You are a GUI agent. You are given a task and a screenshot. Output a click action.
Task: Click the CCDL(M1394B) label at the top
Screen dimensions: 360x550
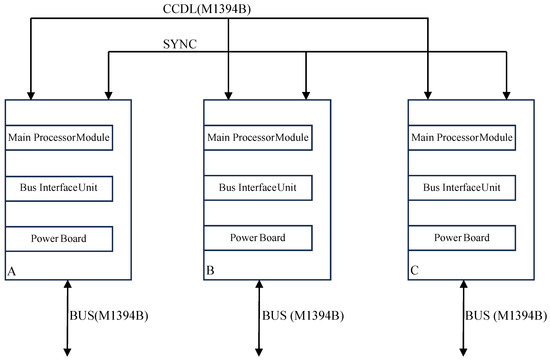(x=227, y=10)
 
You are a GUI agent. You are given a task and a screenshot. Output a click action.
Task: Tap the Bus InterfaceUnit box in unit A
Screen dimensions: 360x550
(x=58, y=187)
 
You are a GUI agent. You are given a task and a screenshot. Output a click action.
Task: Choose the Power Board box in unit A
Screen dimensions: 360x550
(x=58, y=239)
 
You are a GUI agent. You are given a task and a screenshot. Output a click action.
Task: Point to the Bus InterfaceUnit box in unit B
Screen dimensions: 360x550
(x=258, y=187)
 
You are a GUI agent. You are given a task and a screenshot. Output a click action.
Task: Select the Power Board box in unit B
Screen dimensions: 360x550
(x=258, y=239)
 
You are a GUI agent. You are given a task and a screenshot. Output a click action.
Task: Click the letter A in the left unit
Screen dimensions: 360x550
(x=11, y=270)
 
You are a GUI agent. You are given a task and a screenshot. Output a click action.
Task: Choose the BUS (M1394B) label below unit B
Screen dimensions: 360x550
(x=304, y=316)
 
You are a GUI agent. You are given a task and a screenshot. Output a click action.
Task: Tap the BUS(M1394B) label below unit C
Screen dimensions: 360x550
(x=506, y=316)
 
